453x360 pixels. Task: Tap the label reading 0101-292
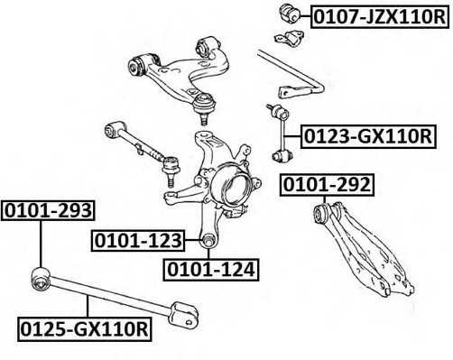point(326,186)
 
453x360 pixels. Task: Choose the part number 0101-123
point(137,240)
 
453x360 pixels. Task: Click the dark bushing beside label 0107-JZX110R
point(291,13)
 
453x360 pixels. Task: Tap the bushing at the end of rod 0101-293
point(40,277)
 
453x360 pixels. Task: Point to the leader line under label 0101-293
point(42,244)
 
